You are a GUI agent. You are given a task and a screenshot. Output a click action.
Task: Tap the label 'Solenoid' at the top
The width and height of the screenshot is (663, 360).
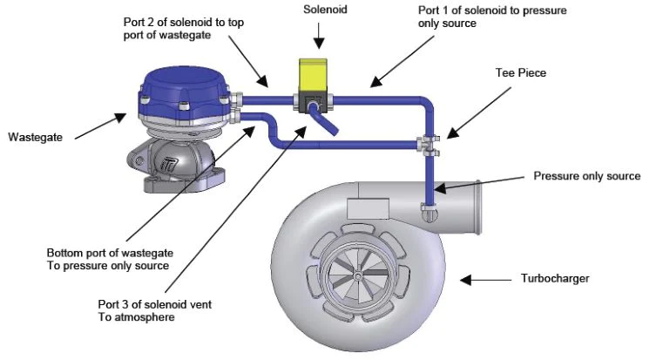324,10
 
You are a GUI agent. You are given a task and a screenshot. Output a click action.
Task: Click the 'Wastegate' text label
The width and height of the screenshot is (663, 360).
34,138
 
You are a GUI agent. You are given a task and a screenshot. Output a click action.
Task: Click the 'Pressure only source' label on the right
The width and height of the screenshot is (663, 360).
586,176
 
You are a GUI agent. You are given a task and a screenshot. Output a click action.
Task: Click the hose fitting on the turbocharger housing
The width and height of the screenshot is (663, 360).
428,208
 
